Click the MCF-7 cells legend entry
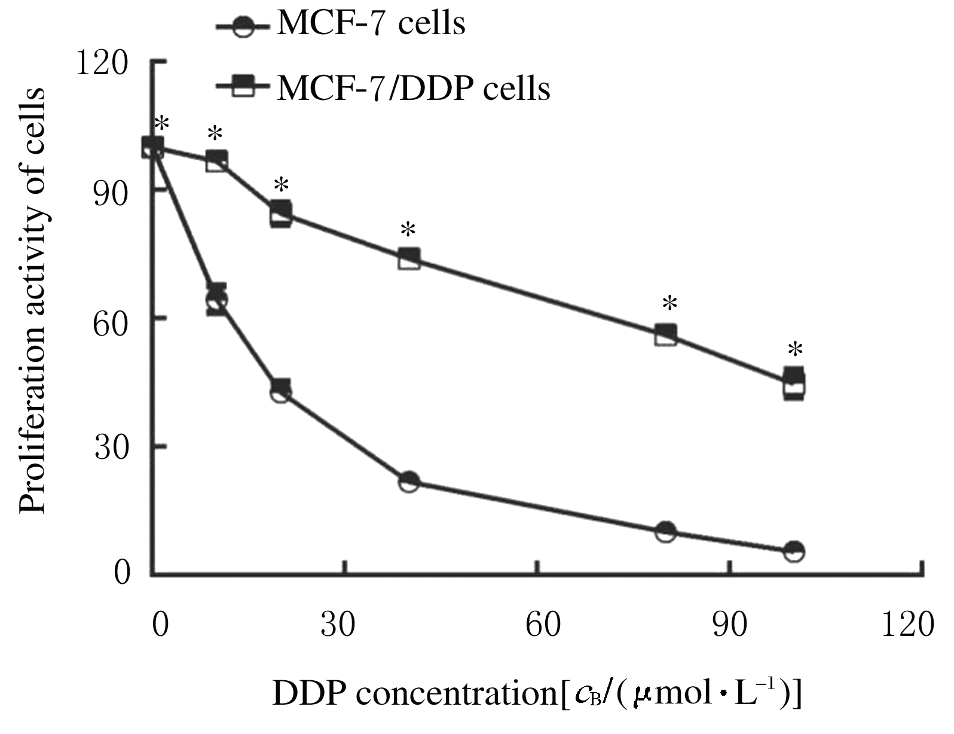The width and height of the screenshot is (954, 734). click(341, 25)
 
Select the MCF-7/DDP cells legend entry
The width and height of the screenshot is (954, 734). click(383, 89)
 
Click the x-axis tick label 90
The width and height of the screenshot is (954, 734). click(730, 625)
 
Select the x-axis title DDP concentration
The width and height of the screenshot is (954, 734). click(537, 694)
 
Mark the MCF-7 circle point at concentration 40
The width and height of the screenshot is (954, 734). click(409, 482)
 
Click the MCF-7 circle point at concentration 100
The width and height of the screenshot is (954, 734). click(794, 551)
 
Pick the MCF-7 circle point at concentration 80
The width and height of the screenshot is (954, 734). click(665, 531)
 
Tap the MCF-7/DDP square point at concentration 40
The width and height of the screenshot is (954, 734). click(409, 259)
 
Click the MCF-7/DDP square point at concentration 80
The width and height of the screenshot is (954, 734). click(665, 335)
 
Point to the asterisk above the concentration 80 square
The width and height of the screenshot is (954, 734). click(669, 304)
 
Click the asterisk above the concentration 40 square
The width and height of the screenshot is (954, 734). click(408, 230)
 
